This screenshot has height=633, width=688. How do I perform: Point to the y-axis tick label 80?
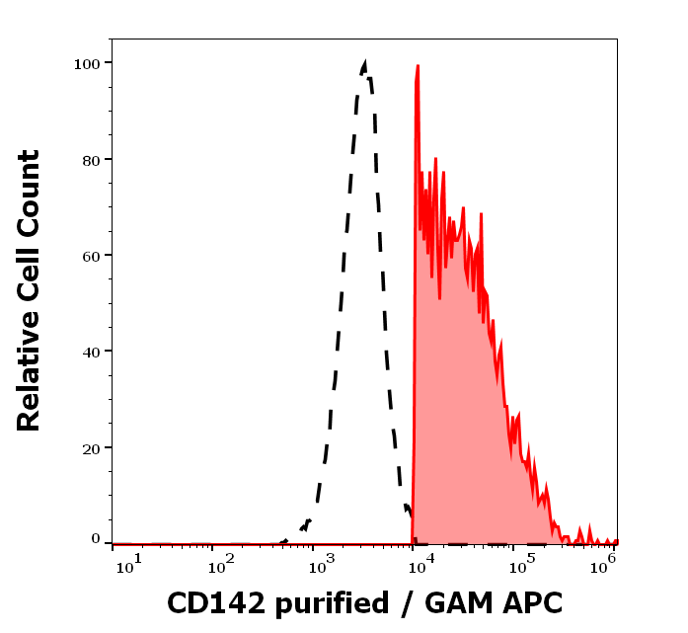[x=90, y=159]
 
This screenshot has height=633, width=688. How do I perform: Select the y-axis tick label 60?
[x=90, y=255]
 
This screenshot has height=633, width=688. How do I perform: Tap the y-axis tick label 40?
[x=90, y=351]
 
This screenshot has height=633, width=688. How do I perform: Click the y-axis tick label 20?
[x=90, y=447]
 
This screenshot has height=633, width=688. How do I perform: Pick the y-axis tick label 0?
[x=95, y=539]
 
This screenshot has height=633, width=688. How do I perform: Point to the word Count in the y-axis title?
[x=30, y=192]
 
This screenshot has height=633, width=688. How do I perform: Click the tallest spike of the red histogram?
[x=418, y=66]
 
